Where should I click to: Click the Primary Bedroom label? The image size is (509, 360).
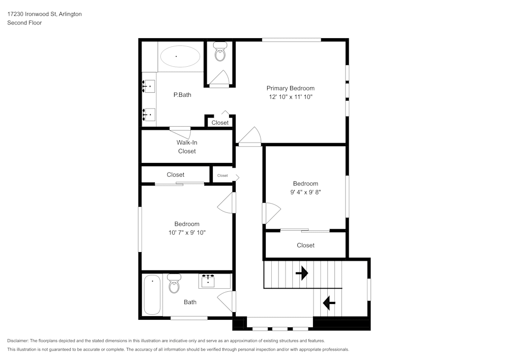(290, 88)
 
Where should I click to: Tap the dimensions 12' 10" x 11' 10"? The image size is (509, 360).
(290, 97)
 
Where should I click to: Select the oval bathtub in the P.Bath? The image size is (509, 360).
(180, 56)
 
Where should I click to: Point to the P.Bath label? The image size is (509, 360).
(182, 94)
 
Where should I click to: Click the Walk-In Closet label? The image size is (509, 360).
(187, 147)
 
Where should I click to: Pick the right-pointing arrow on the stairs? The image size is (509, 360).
(302, 273)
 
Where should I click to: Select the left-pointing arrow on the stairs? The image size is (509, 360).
(329, 303)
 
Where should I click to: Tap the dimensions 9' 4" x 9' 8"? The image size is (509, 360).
(305, 192)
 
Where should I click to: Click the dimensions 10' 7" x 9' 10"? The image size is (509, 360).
(187, 233)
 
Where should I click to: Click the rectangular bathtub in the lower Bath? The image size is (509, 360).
(152, 295)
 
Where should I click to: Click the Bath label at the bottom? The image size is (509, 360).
(190, 302)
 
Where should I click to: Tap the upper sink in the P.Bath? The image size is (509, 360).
(149, 87)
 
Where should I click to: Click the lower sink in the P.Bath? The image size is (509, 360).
(149, 115)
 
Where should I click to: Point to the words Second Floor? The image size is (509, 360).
(24, 23)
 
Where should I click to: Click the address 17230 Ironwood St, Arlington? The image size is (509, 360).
(44, 14)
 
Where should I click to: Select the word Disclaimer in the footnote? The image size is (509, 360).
(18, 341)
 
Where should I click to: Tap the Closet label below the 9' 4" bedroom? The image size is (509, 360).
(305, 245)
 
